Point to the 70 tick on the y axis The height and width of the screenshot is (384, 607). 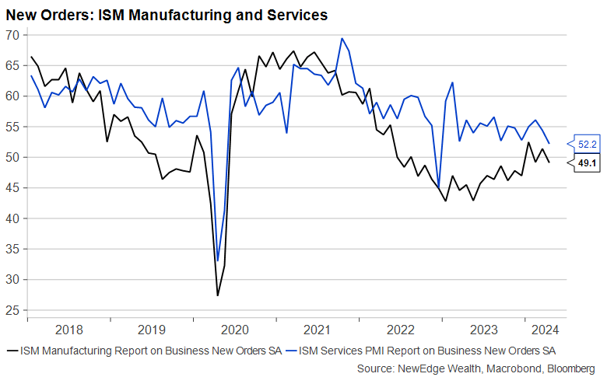pos(12,35)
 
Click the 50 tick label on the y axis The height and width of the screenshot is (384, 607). pos(12,157)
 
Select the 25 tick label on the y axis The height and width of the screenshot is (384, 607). pos(12,310)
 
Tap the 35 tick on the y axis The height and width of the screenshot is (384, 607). pos(12,249)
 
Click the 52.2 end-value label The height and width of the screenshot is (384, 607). pos(586,143)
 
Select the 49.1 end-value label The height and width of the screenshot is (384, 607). pos(586,164)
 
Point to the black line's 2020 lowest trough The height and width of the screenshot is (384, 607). pos(218,295)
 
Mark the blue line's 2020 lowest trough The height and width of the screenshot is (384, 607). pos(218,261)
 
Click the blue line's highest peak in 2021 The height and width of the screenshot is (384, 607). pos(342,38)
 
